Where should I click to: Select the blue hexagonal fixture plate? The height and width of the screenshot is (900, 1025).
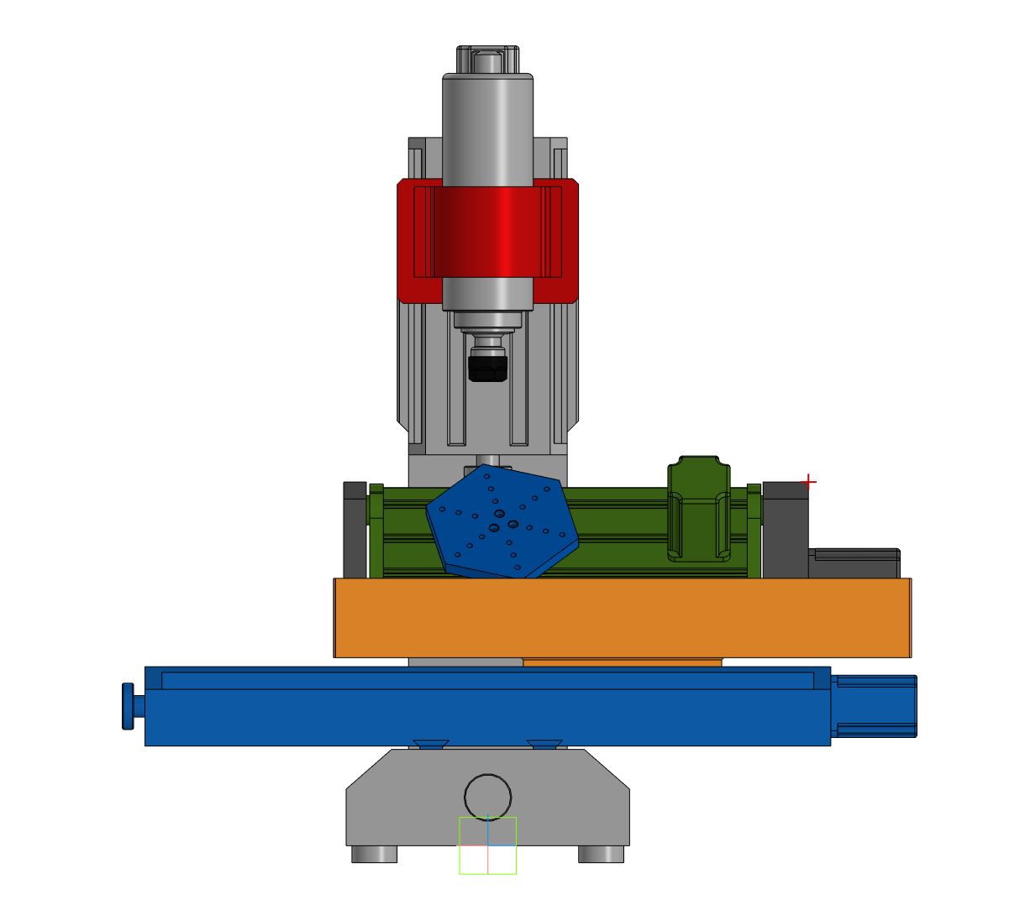pos(502,524)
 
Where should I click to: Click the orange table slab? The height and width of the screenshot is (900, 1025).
pos(622,617)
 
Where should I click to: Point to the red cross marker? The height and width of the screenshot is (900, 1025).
pos(808,482)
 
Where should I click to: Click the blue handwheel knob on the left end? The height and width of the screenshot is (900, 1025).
pos(128,706)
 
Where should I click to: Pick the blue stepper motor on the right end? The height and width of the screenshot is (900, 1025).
pos(875,706)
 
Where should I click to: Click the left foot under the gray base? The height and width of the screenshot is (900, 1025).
pos(374,854)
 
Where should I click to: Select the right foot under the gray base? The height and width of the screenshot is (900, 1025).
pos(601,854)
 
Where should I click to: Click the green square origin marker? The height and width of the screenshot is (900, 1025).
pos(487,845)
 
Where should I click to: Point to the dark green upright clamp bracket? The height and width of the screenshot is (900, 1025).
pos(698,508)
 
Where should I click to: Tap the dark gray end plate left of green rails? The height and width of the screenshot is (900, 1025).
pos(355,529)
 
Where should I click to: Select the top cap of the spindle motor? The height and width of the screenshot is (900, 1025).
pos(487,60)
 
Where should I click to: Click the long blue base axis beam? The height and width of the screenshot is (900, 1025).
pos(487,718)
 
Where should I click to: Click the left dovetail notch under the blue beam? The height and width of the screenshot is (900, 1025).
pos(430,744)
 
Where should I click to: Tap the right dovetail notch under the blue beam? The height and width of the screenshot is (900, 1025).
pos(545,744)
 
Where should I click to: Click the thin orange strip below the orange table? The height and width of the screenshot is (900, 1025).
pos(622,662)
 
